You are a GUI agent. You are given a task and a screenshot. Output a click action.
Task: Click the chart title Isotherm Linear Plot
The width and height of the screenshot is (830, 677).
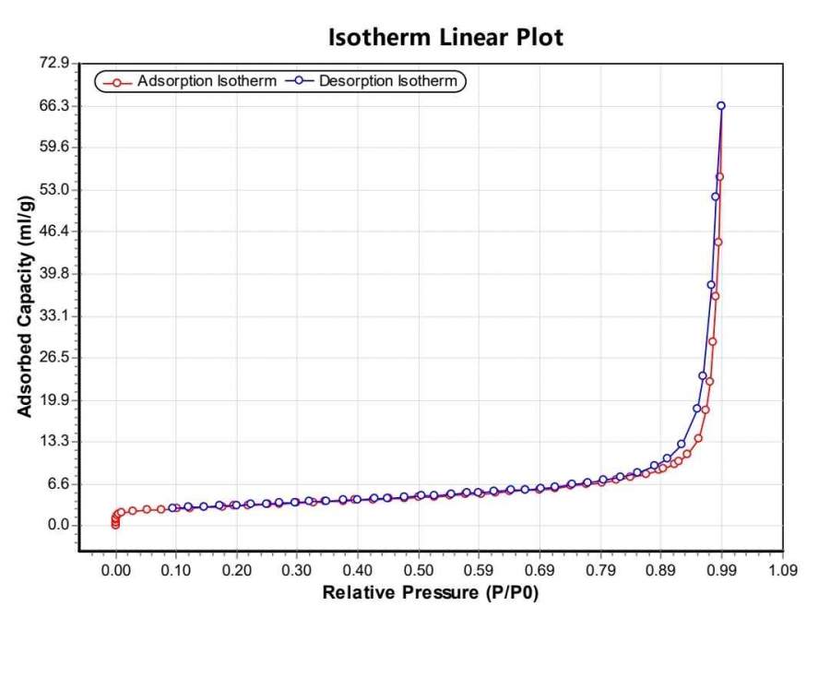pos(445,38)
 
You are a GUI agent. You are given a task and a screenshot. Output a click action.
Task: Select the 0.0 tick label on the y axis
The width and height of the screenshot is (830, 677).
pos(59,526)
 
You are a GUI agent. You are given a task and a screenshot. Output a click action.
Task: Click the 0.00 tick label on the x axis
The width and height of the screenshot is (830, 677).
pos(115,571)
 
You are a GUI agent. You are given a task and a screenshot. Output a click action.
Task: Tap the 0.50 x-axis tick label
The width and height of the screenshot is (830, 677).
pos(419,571)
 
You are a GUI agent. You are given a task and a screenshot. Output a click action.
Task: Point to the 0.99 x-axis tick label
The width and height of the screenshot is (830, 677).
pos(722,571)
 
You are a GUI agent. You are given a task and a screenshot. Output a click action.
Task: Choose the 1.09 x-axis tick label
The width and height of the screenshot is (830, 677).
pos(783,571)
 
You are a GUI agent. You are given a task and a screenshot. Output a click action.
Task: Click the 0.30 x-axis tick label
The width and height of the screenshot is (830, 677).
pos(297,571)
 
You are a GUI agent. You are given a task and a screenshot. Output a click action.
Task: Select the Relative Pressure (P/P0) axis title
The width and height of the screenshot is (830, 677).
pos(430,593)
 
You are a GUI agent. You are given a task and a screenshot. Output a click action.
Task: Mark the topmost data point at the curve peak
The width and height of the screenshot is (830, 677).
pos(721,106)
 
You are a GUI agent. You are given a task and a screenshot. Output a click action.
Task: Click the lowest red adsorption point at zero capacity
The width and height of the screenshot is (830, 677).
pos(115,525)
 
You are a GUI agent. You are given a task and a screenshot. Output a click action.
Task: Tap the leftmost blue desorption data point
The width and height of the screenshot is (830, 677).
pos(172,507)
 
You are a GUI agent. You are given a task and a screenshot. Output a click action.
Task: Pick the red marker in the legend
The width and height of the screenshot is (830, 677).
pos(116,82)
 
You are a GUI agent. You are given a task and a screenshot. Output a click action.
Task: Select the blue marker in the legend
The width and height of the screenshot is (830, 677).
pos(299,82)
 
